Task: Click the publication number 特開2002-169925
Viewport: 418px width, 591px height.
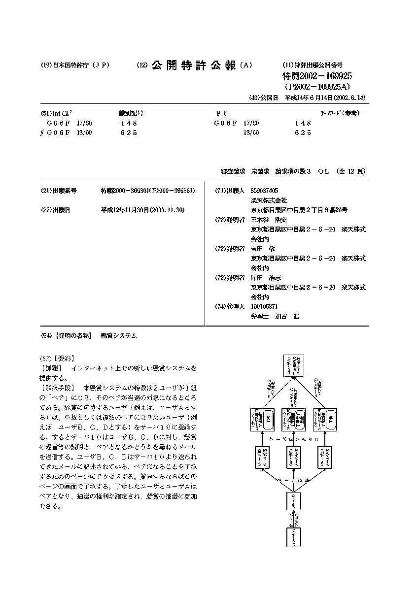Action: click(317, 76)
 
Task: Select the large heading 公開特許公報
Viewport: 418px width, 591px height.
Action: click(194, 66)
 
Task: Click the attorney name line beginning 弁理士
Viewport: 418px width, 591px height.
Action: click(275, 316)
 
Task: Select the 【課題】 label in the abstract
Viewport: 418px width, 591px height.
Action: click(52, 368)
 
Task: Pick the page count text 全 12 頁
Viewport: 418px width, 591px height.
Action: click(351, 171)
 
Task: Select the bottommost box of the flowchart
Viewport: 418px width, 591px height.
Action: click(294, 536)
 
